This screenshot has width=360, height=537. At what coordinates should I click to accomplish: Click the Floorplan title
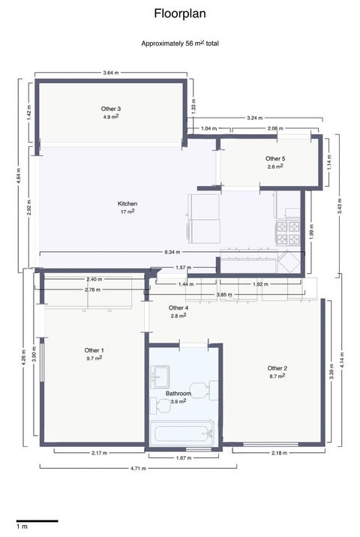click(x=180, y=13)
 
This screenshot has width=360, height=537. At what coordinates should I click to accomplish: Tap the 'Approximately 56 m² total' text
click(x=180, y=43)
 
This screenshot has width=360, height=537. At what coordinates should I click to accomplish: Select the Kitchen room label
click(x=127, y=204)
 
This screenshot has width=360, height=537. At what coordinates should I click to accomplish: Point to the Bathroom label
click(x=178, y=394)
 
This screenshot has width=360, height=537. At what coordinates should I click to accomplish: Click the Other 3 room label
click(x=111, y=109)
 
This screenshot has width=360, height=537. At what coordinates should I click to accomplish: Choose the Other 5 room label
click(x=275, y=158)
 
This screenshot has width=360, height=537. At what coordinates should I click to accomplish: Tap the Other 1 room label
click(x=94, y=350)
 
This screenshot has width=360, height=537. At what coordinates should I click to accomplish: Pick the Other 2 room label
click(x=277, y=368)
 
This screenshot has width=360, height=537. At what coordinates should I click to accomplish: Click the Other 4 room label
click(x=178, y=308)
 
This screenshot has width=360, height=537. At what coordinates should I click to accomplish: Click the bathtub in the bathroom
click(x=182, y=433)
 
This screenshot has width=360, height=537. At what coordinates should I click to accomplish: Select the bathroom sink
click(x=160, y=376)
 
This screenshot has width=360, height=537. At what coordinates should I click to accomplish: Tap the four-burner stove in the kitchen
click(x=288, y=232)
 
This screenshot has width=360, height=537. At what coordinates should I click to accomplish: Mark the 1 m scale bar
click(x=37, y=521)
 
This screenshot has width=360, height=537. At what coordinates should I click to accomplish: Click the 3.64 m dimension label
click(x=111, y=73)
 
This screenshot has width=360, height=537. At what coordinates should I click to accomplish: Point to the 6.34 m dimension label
click(x=172, y=252)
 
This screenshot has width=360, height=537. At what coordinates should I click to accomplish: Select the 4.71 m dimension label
click(x=138, y=468)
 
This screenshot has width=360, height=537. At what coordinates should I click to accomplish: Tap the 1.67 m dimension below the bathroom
click(x=184, y=458)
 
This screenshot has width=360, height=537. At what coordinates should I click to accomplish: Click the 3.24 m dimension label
click(x=254, y=118)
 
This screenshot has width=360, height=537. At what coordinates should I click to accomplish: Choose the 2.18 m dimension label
click(x=279, y=453)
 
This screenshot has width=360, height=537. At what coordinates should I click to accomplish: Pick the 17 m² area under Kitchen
click(x=127, y=211)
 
